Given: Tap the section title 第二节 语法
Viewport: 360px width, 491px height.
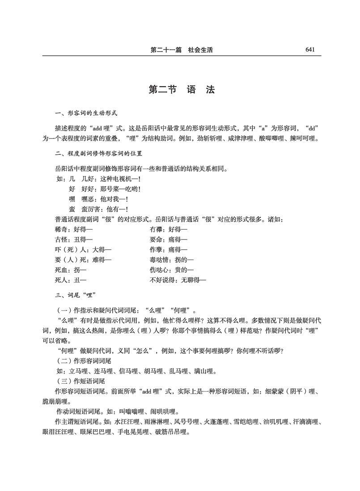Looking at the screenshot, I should click(x=182, y=89).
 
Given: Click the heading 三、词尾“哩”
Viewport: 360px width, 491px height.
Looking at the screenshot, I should click(x=76, y=294).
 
